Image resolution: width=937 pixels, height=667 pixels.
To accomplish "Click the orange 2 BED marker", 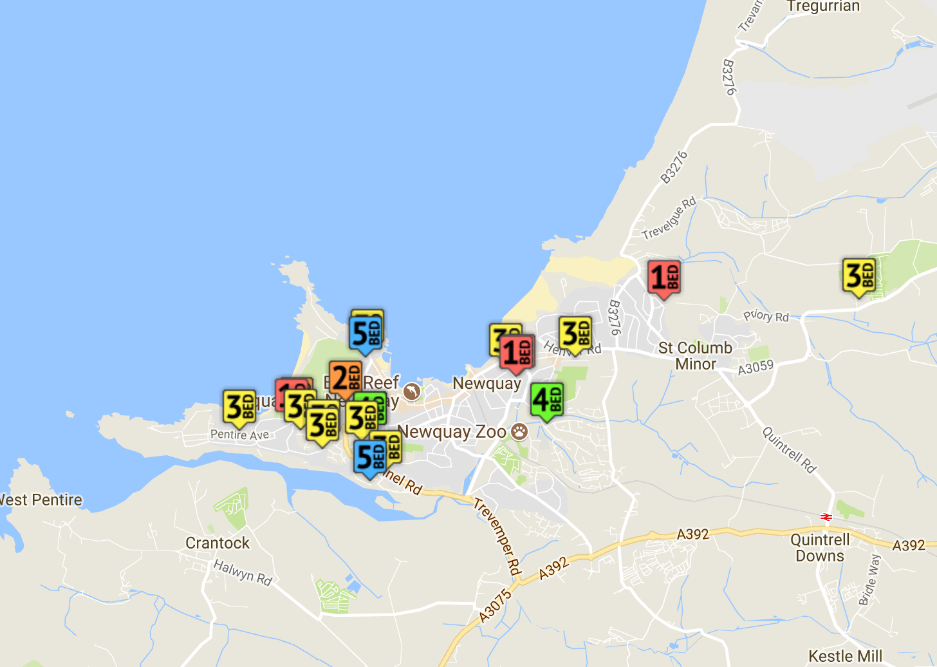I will [345, 378].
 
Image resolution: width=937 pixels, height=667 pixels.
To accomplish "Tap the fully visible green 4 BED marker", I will [546, 400].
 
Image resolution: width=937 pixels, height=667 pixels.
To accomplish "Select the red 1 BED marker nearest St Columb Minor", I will [663, 278].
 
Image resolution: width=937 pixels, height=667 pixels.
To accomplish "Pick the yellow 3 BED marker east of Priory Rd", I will [859, 276].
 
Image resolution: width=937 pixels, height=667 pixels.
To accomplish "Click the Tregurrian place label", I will [823, 6].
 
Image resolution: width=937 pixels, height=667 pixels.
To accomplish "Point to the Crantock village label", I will [218, 543].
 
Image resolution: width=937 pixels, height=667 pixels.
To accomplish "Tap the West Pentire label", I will [40, 500].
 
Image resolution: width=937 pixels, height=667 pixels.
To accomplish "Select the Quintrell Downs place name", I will [820, 547].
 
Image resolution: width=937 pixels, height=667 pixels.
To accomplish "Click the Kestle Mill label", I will [845, 656].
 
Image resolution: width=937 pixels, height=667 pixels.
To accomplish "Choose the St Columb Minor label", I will [695, 355].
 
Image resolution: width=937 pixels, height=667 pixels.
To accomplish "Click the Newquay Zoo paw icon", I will [519, 431].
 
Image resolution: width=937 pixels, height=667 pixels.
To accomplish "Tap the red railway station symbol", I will [827, 516].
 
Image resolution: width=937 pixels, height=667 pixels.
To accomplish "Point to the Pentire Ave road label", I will [239, 435].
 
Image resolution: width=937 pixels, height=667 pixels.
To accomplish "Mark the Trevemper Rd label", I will [497, 536].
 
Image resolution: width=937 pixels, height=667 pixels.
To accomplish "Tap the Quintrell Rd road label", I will [789, 449].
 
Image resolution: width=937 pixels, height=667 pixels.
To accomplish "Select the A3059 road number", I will [756, 368].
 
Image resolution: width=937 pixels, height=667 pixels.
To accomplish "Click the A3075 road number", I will [496, 605].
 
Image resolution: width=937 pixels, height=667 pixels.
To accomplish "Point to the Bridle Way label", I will [869, 579].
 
